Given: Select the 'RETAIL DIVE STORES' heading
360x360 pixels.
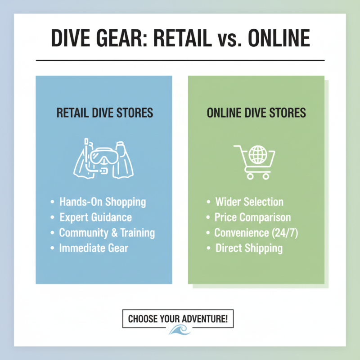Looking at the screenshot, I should (104, 112).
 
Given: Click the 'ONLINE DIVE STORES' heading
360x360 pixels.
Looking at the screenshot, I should (256, 112).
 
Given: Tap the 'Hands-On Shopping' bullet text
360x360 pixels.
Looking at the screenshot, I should (103, 202).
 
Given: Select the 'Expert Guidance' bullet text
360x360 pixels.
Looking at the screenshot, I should (95, 217).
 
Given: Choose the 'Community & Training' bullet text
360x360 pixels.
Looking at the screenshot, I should (107, 233).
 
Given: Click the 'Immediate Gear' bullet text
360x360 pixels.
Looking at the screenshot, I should (94, 247).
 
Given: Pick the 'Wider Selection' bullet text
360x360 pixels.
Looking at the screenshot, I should (249, 202).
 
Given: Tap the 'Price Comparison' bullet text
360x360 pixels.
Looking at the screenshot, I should (252, 217).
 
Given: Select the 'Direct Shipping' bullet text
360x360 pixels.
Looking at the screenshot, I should (249, 247).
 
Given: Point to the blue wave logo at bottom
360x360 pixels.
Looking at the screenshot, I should (180, 331).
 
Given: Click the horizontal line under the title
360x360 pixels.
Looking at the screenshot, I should (180, 60).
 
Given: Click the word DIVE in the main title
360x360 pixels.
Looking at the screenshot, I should (72, 39).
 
